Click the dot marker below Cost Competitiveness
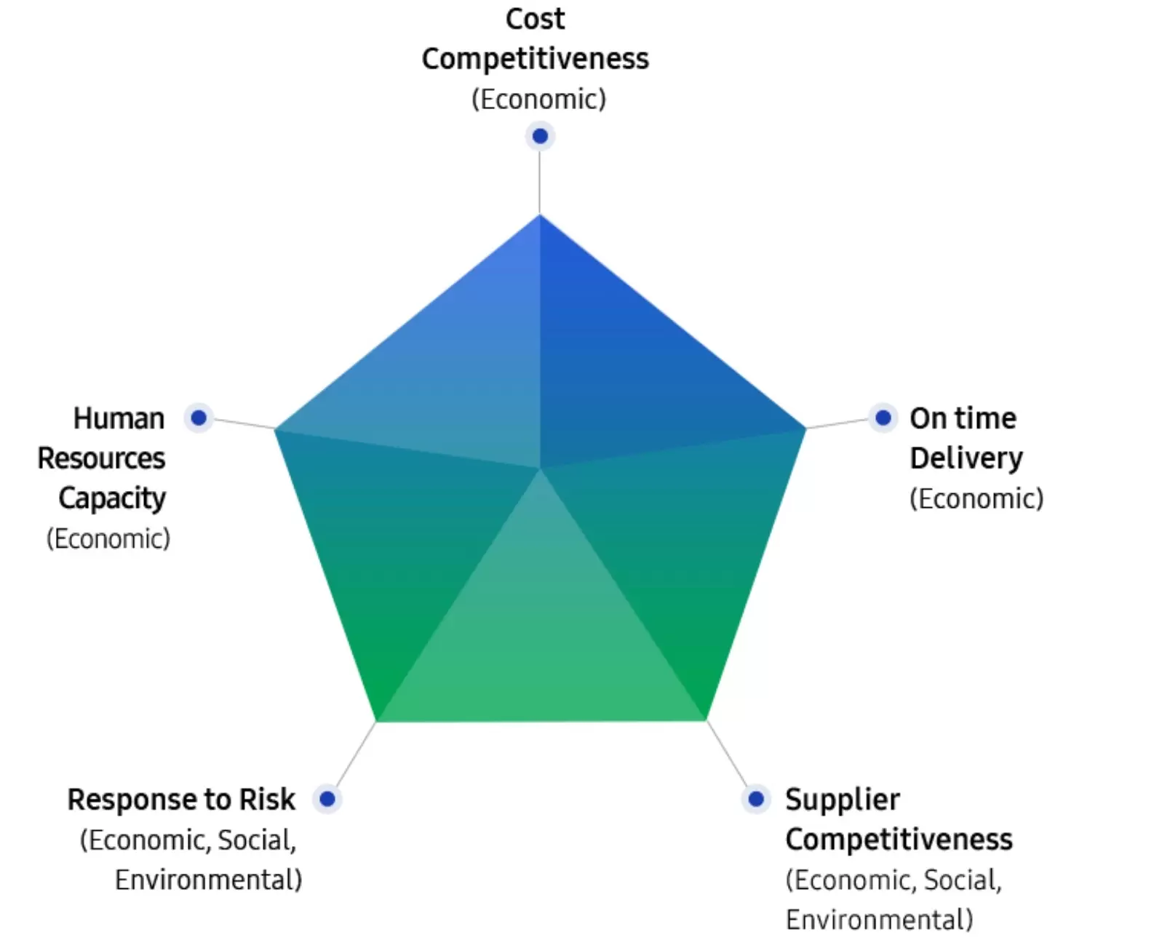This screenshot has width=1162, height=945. click(x=540, y=136)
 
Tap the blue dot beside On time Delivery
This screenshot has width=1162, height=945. click(x=883, y=418)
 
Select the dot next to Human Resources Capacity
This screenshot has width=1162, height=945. click(x=199, y=418)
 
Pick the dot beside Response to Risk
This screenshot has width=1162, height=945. click(x=327, y=799)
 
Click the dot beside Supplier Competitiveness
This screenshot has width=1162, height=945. click(x=756, y=799)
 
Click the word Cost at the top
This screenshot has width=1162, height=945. click(x=535, y=19)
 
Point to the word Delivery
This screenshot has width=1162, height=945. click(x=966, y=458)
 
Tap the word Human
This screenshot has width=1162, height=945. click(x=119, y=418)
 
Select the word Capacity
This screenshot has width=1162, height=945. click(x=112, y=498)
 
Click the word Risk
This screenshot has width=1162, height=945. click(x=267, y=799)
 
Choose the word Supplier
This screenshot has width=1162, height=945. click(x=842, y=800)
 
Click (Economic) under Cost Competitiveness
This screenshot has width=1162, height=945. click(x=538, y=99)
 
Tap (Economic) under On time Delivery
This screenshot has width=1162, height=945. click(x=976, y=498)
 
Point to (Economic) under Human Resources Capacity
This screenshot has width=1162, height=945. click(x=108, y=538)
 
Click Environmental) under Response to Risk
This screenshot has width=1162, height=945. click(x=208, y=880)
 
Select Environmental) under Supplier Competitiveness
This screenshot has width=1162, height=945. click(x=878, y=920)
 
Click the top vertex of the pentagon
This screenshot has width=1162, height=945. click(x=540, y=216)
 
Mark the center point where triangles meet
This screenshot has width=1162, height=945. click(x=540, y=468)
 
